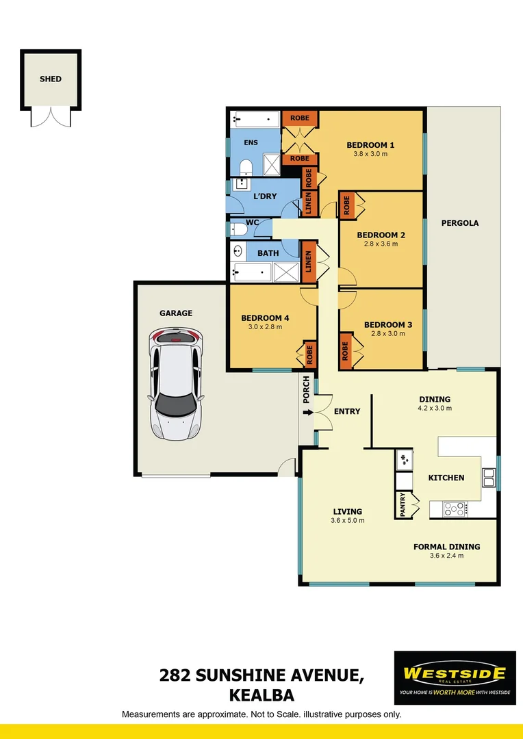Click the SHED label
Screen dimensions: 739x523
coord(50,79)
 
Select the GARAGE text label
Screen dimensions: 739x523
coord(176,313)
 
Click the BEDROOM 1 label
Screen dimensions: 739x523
coord(370,145)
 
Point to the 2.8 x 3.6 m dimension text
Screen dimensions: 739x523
coord(381,244)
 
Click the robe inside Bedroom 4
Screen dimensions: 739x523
coord(309,354)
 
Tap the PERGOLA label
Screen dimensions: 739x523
coord(460,223)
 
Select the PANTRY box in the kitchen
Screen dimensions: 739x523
coord(403,505)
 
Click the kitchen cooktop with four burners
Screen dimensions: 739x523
coord(454,508)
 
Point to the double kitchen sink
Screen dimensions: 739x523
coord(489,477)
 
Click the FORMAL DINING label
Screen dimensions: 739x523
coord(446,547)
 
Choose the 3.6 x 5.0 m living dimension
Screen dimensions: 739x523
coord(348,520)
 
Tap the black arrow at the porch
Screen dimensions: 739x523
coord(306,412)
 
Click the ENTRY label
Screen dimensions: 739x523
coord(347,411)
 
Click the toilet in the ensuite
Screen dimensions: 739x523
coord(246,167)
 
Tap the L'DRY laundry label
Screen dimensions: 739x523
coord(265,196)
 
